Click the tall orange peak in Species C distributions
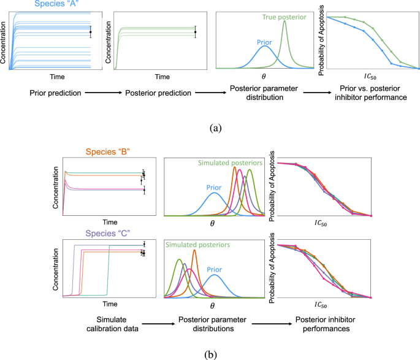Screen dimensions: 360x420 coord(194,251)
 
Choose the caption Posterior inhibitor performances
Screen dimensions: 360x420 coord(324,325)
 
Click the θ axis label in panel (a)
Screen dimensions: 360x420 coord(265,77)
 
